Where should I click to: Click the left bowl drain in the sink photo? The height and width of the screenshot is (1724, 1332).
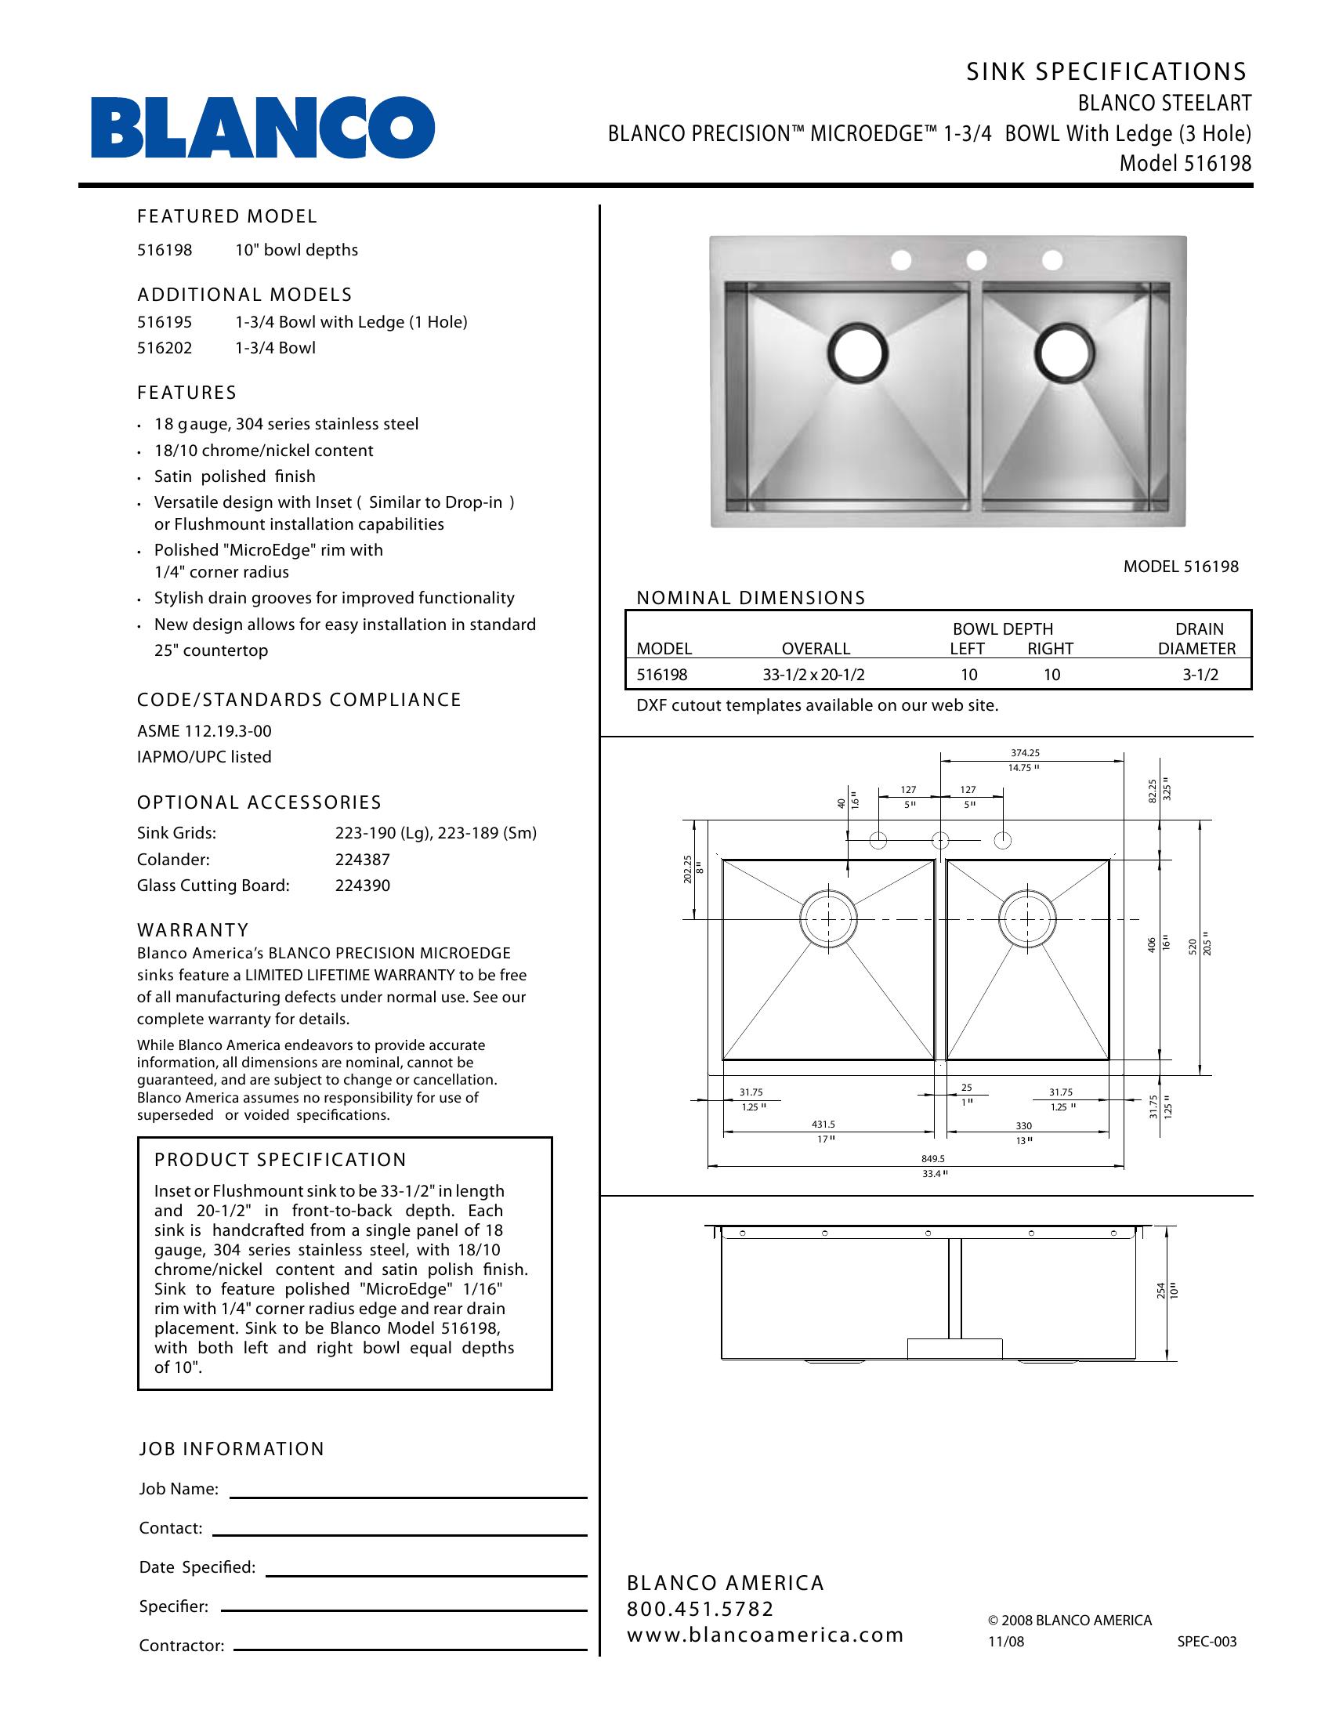(x=858, y=352)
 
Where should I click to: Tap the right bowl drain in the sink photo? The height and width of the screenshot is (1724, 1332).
(x=1066, y=352)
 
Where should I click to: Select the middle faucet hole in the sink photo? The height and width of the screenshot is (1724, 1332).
(x=976, y=259)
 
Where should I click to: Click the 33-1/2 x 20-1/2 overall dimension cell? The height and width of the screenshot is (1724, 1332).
(x=813, y=675)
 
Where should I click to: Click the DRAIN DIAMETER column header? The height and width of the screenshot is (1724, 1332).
(x=1197, y=639)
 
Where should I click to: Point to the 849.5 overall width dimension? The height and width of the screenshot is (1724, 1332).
(x=932, y=1159)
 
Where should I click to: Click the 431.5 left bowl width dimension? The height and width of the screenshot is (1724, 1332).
(x=823, y=1124)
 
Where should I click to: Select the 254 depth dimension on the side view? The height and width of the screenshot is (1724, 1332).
(x=1160, y=1291)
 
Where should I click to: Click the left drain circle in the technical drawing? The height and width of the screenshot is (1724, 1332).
(x=828, y=920)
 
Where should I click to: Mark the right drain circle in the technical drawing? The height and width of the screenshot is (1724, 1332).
(x=1027, y=920)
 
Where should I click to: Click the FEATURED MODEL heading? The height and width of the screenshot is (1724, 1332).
(x=227, y=216)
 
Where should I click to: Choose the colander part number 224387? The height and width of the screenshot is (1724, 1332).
(x=362, y=860)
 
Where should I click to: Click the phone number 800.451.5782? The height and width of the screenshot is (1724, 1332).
(x=700, y=1608)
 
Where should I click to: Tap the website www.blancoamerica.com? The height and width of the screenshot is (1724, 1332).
(x=765, y=1635)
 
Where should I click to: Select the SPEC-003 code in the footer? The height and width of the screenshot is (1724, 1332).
(x=1207, y=1642)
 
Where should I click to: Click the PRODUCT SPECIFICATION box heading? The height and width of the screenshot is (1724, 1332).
(x=281, y=1160)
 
